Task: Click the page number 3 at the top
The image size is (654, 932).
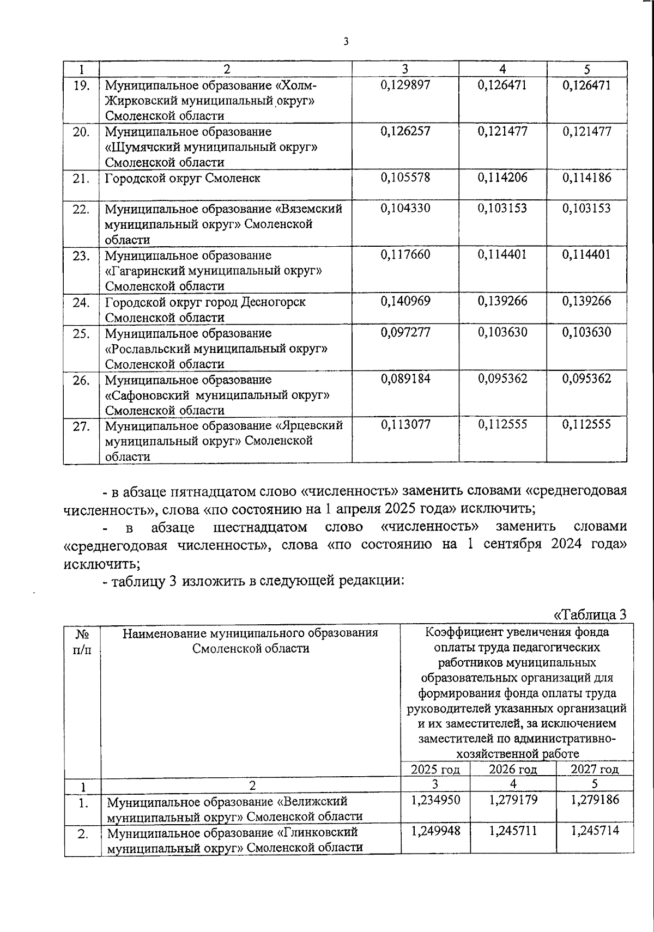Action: (346, 42)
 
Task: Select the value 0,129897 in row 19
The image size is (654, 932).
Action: (405, 85)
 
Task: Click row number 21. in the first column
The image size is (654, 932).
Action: (81, 178)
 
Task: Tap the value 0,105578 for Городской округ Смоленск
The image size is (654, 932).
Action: (405, 178)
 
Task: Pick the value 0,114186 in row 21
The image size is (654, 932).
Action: (586, 178)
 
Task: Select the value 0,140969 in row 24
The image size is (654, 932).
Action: (405, 301)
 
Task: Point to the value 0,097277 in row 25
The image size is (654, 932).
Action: (405, 332)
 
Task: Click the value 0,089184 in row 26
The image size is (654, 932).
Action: (405, 379)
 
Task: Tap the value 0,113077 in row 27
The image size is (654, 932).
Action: (405, 424)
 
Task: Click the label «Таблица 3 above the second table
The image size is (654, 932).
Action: (590, 614)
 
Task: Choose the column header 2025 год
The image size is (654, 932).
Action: (435, 769)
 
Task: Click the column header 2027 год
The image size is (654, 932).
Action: (594, 769)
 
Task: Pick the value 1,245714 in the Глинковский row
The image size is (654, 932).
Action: (595, 831)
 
